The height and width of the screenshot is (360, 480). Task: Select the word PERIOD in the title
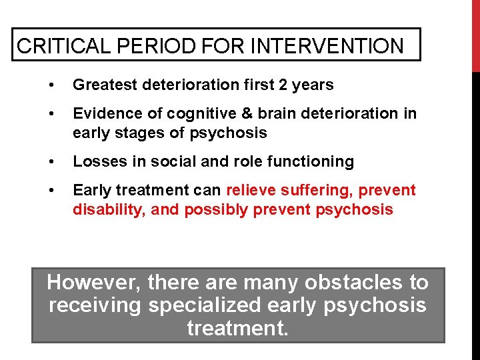pos(150,46)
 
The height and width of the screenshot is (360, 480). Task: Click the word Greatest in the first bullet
pos(103,85)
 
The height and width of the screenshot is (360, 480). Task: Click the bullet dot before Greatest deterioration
pos(51,85)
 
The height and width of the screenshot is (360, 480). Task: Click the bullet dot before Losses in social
pos(51,162)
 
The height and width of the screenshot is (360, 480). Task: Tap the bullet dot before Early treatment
pos(51,191)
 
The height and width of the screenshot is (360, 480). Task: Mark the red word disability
pos(109,209)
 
